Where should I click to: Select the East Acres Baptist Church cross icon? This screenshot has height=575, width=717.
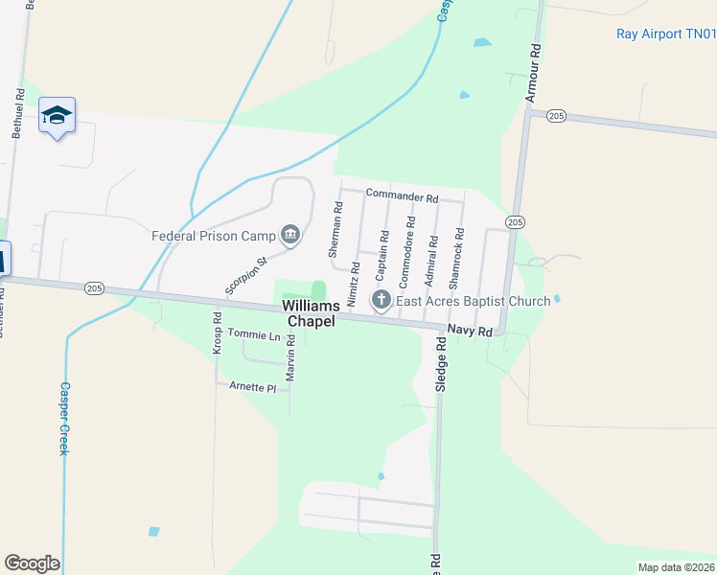coord(381,301)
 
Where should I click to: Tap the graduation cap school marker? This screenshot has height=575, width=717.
coord(58,115)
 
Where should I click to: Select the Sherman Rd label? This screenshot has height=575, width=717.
coord(335,230)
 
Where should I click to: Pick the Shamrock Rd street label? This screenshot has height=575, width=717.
coord(458,259)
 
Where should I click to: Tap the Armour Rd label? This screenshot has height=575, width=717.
coord(534,72)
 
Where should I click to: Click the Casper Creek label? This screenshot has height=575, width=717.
coord(64,419)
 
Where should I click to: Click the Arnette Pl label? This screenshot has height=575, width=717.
coord(252,387)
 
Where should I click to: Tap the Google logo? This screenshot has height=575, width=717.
coord(32,563)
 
